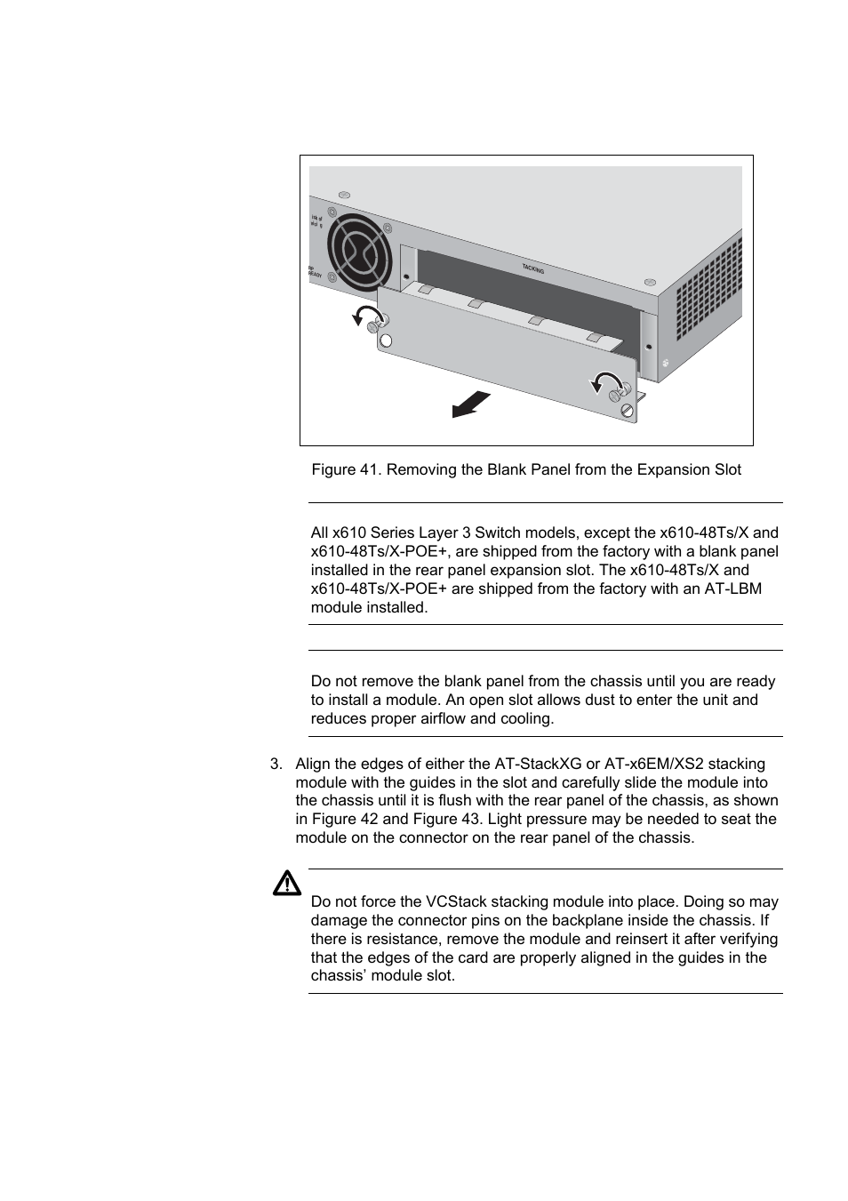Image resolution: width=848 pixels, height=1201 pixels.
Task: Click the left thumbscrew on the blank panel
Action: tap(382, 322)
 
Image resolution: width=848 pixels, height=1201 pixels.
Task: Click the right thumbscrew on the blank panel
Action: tap(623, 390)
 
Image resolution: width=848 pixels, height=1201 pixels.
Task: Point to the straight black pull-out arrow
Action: tap(471, 404)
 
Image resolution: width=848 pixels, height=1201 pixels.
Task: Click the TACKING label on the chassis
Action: tap(533, 268)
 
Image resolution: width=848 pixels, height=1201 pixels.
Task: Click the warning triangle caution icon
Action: tap(287, 884)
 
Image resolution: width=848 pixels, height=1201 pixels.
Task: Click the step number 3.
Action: tap(276, 764)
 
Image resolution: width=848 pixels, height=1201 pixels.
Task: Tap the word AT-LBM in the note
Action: tap(733, 588)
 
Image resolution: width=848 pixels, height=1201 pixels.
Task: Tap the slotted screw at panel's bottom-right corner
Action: tap(628, 410)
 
